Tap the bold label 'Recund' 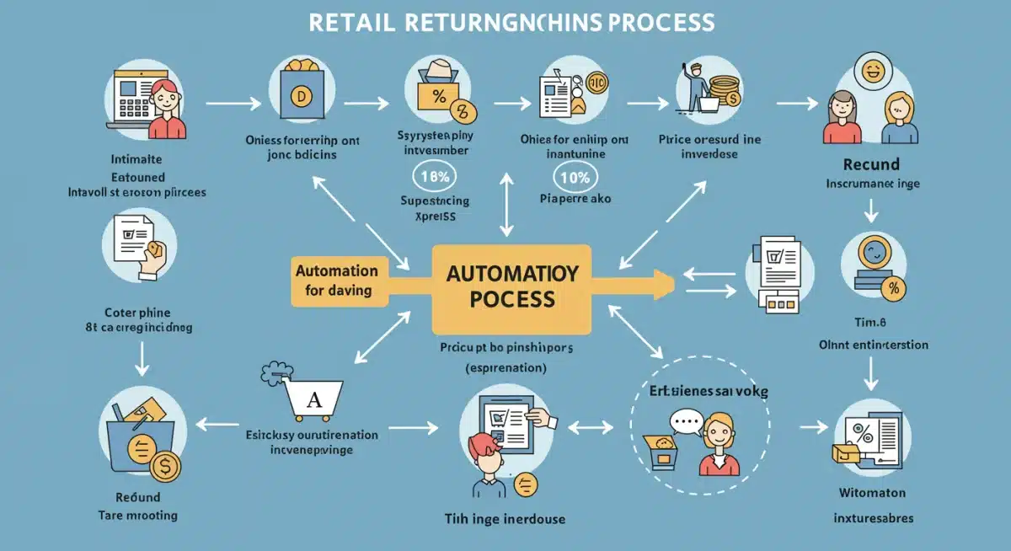(x=870, y=163)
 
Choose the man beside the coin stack (x=697, y=86)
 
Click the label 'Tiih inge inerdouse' (x=505, y=518)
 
